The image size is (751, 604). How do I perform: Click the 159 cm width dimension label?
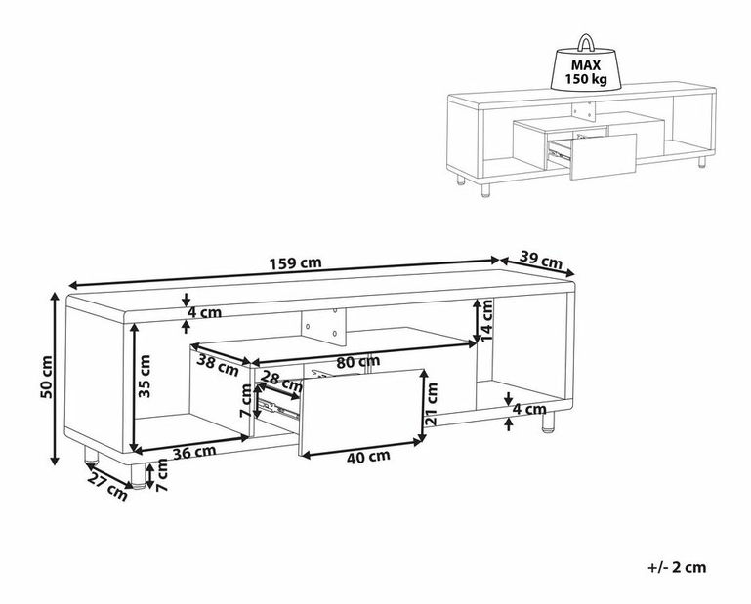point(295,263)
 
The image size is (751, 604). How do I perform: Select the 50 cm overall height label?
point(47,377)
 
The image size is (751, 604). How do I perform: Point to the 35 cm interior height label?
point(144,376)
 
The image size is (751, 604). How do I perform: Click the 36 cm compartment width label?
point(194,452)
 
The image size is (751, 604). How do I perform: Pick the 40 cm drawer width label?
point(368,457)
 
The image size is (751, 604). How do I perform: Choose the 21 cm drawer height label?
point(432,404)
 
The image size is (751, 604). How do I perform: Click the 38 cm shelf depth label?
point(218,366)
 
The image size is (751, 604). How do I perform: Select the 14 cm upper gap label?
point(486,321)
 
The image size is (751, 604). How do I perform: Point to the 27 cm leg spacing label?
point(107,489)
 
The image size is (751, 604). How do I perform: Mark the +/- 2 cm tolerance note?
point(677,567)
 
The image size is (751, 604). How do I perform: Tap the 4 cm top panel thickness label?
point(204,312)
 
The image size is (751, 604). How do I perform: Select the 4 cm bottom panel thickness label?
point(528,409)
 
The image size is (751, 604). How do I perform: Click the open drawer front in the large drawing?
point(361,412)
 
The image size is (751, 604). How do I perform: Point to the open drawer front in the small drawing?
point(603,156)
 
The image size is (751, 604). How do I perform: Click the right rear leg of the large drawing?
point(548,422)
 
